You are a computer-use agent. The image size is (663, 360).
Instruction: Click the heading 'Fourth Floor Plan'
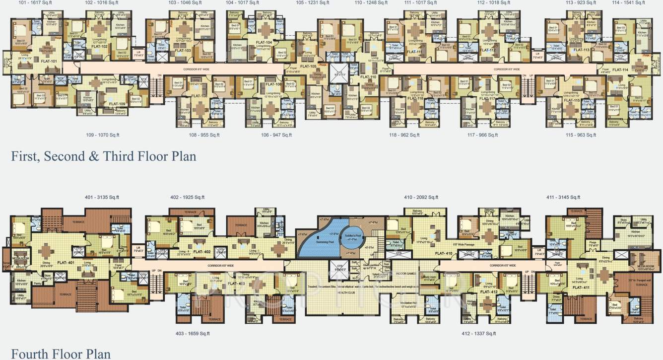tap(61, 354)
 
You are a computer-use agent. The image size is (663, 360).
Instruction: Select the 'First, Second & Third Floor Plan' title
tap(103, 156)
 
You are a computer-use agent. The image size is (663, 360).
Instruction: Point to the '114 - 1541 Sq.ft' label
tap(628, 3)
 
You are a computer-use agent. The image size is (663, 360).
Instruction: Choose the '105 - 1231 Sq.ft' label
tap(313, 3)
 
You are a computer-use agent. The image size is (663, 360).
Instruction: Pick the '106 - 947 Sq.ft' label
tap(276, 135)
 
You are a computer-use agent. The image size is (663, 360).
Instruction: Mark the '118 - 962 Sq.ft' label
tap(406, 135)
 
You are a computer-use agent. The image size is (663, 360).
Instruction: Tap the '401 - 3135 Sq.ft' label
tap(102, 197)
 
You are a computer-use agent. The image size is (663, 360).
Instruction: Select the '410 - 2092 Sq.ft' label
tap(421, 197)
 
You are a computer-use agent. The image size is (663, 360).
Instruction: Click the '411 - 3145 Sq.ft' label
tap(563, 197)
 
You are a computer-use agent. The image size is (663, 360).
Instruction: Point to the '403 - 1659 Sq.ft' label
tap(193, 333)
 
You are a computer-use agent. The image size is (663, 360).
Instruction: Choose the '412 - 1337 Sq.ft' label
tap(479, 333)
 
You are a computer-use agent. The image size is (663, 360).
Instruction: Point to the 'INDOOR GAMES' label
tap(405, 274)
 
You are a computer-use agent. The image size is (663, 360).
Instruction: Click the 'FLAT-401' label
tap(66, 262)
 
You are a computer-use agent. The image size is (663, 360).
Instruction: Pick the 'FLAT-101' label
tap(49, 61)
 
